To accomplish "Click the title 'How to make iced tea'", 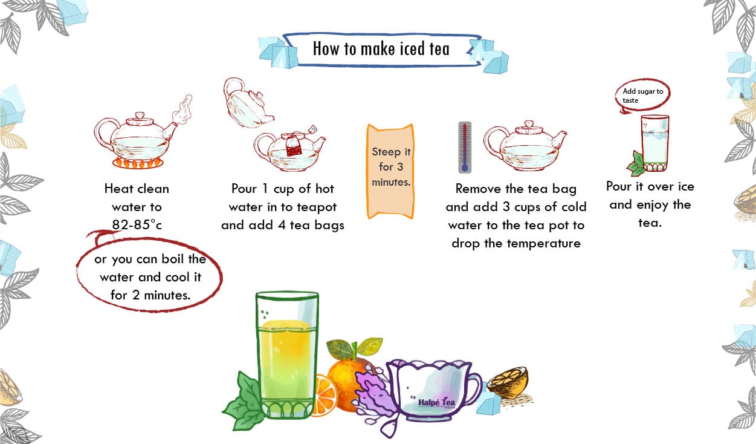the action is pyautogui.click(x=381, y=48).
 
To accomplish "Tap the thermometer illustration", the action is pyautogui.click(x=465, y=148).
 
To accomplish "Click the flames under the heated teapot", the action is pyautogui.click(x=138, y=163).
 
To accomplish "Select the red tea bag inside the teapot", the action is pyautogui.click(x=294, y=146).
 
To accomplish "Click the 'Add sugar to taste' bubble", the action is pyautogui.click(x=642, y=96).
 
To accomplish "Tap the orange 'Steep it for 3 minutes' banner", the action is pyautogui.click(x=390, y=171).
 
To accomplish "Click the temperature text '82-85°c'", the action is pyautogui.click(x=137, y=224).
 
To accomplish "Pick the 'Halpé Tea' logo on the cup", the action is pyautogui.click(x=436, y=402).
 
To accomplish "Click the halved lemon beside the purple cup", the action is pyautogui.click(x=509, y=383).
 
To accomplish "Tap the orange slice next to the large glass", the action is pyautogui.click(x=325, y=396).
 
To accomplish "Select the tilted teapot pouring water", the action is pyautogui.click(x=247, y=103).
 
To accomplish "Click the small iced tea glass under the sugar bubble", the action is pyautogui.click(x=654, y=143).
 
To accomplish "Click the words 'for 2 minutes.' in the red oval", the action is pyautogui.click(x=150, y=295).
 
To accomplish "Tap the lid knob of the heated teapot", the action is pyautogui.click(x=140, y=116).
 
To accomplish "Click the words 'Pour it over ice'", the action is pyautogui.click(x=650, y=186).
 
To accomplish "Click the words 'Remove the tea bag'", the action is pyautogui.click(x=516, y=189).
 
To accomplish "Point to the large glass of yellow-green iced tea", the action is pyautogui.click(x=287, y=355).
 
